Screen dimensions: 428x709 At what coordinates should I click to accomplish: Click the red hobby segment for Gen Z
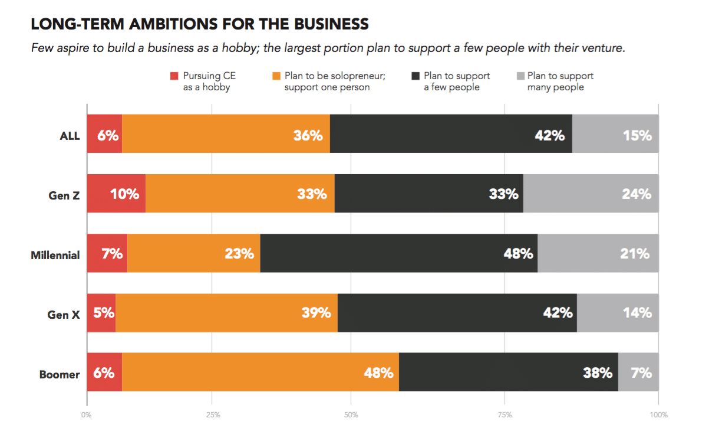click(x=116, y=194)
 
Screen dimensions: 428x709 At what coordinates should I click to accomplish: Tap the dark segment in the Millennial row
click(x=398, y=253)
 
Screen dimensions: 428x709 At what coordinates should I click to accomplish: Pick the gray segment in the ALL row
click(x=615, y=134)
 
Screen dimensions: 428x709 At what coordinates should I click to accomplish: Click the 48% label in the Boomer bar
click(x=378, y=373)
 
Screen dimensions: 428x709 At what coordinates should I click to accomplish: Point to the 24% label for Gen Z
click(x=637, y=194)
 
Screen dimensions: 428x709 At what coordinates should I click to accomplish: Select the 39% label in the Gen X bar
click(x=316, y=313)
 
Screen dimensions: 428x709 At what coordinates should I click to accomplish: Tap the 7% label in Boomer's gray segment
click(x=641, y=373)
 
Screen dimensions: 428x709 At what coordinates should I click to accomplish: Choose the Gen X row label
click(x=63, y=315)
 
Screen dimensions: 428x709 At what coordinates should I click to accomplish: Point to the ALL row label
click(x=70, y=136)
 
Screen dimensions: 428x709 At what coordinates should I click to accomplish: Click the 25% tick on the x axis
click(x=213, y=414)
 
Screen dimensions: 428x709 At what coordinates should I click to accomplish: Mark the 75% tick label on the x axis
click(x=504, y=414)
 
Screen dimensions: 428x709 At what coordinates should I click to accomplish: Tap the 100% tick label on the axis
click(x=658, y=414)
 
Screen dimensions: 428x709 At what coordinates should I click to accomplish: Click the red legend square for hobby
click(x=174, y=76)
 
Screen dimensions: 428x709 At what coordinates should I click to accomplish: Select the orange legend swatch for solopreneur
click(x=276, y=76)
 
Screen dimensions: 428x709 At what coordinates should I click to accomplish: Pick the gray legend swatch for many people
click(x=520, y=76)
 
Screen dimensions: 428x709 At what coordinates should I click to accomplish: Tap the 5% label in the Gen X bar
click(x=104, y=313)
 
